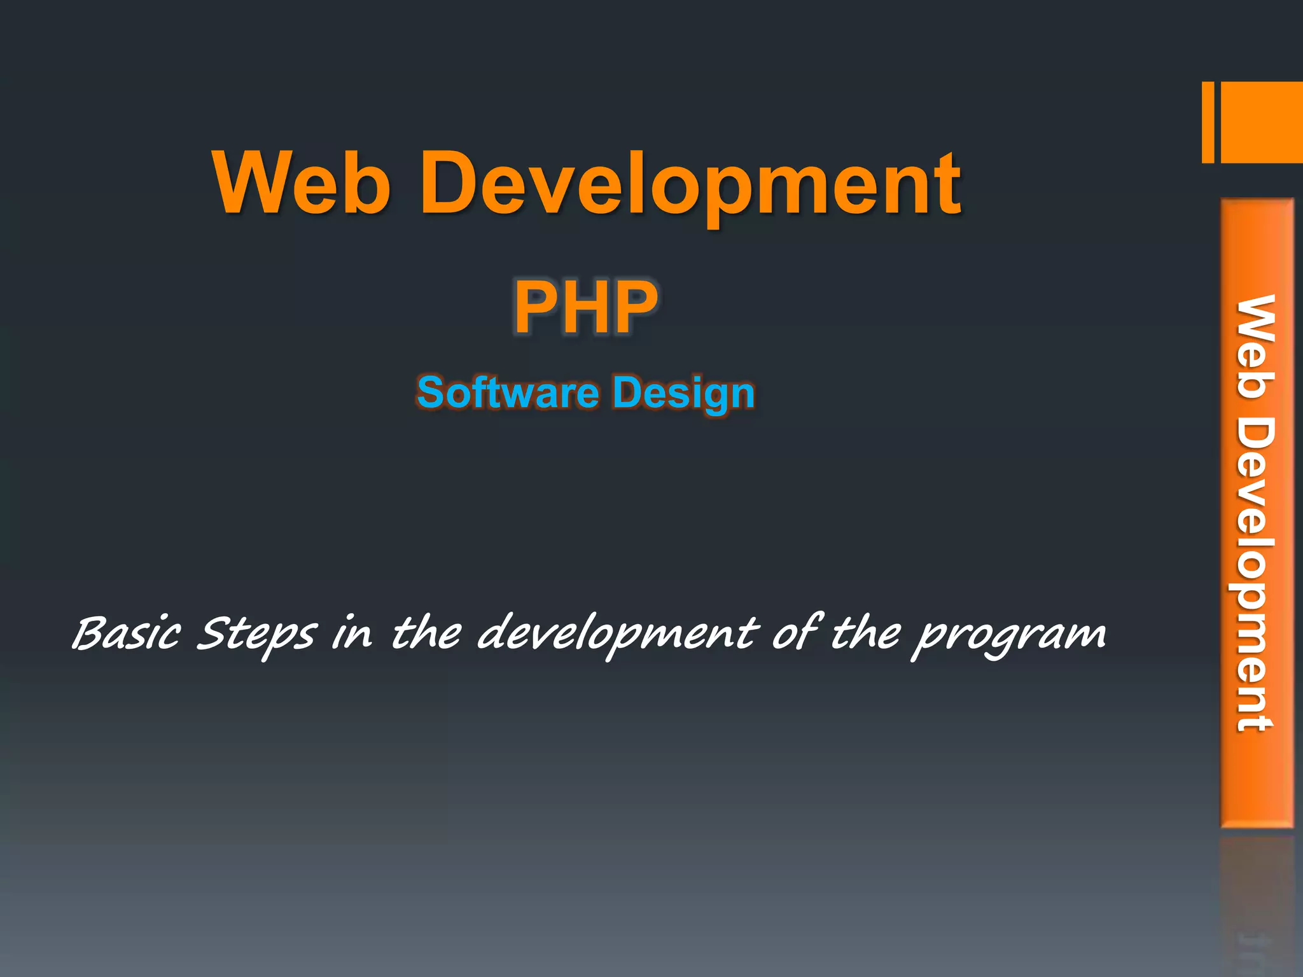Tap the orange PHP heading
[586, 308]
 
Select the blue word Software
[508, 392]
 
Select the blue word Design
[684, 394]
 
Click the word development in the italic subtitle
[617, 634]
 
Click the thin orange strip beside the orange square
[1208, 122]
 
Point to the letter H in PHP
[586, 308]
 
